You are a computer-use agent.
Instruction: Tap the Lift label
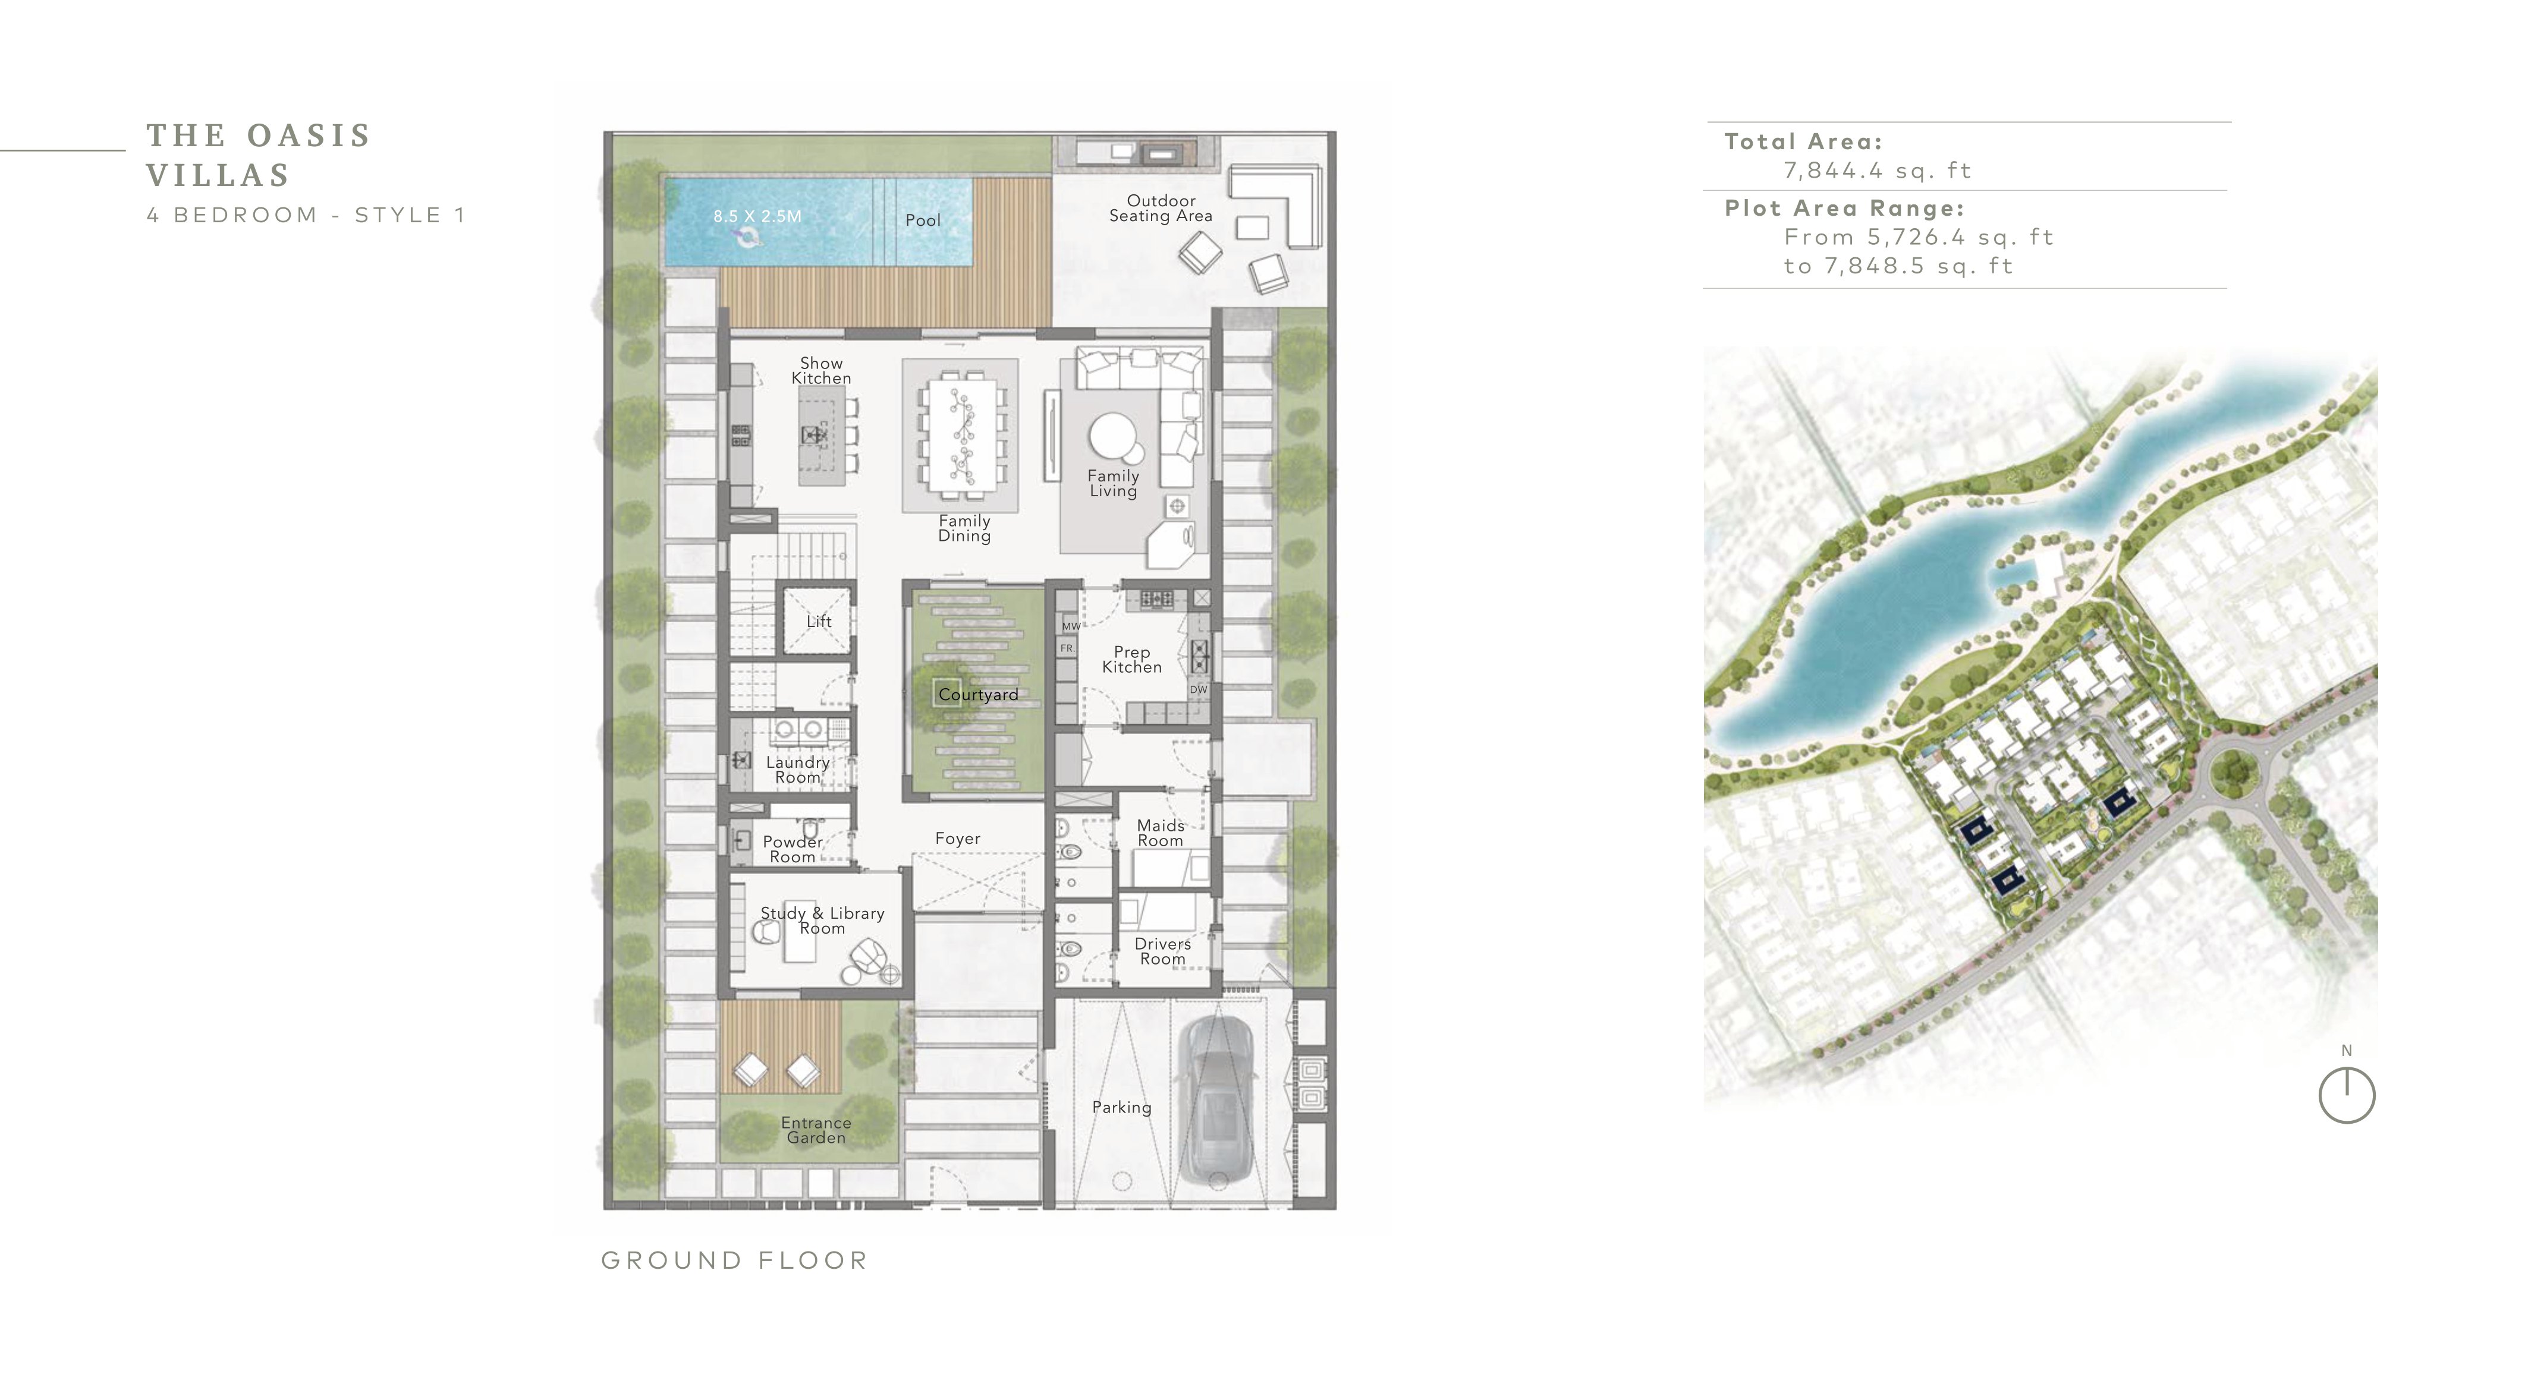tap(819, 621)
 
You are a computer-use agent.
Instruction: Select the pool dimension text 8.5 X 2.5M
tap(757, 216)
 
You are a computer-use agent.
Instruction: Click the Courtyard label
tap(979, 695)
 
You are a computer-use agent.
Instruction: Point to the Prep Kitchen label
tap(1131, 659)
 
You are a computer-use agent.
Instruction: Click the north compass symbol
tap(2347, 1095)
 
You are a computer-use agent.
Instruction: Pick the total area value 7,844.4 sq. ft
tap(1878, 171)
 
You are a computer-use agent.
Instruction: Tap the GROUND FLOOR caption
tap(735, 1260)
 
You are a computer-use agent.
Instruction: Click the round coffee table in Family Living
tap(1114, 437)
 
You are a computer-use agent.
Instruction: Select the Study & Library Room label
tap(822, 920)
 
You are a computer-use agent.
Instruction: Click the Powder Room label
tap(793, 849)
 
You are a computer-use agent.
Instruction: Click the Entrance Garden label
tap(816, 1130)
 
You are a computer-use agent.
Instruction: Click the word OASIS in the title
tap(309, 135)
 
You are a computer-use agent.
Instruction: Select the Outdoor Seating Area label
tap(1161, 208)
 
